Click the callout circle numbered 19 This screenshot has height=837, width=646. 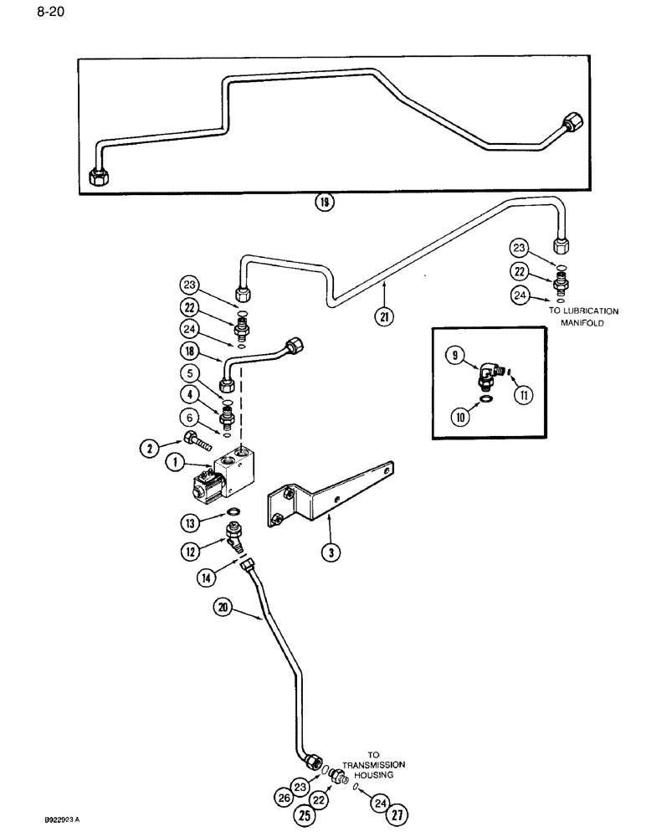322,202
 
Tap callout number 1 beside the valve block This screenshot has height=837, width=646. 176,460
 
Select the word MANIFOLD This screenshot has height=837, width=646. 594,321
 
